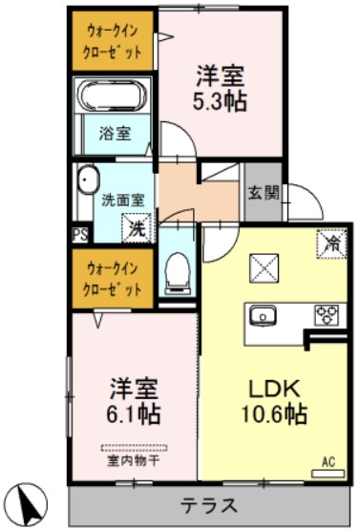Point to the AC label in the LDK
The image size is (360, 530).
(x=328, y=462)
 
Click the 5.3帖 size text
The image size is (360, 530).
(x=222, y=99)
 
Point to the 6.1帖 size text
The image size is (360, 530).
(x=133, y=413)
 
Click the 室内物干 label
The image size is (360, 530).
(x=133, y=461)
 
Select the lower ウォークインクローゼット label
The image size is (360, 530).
(x=113, y=279)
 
